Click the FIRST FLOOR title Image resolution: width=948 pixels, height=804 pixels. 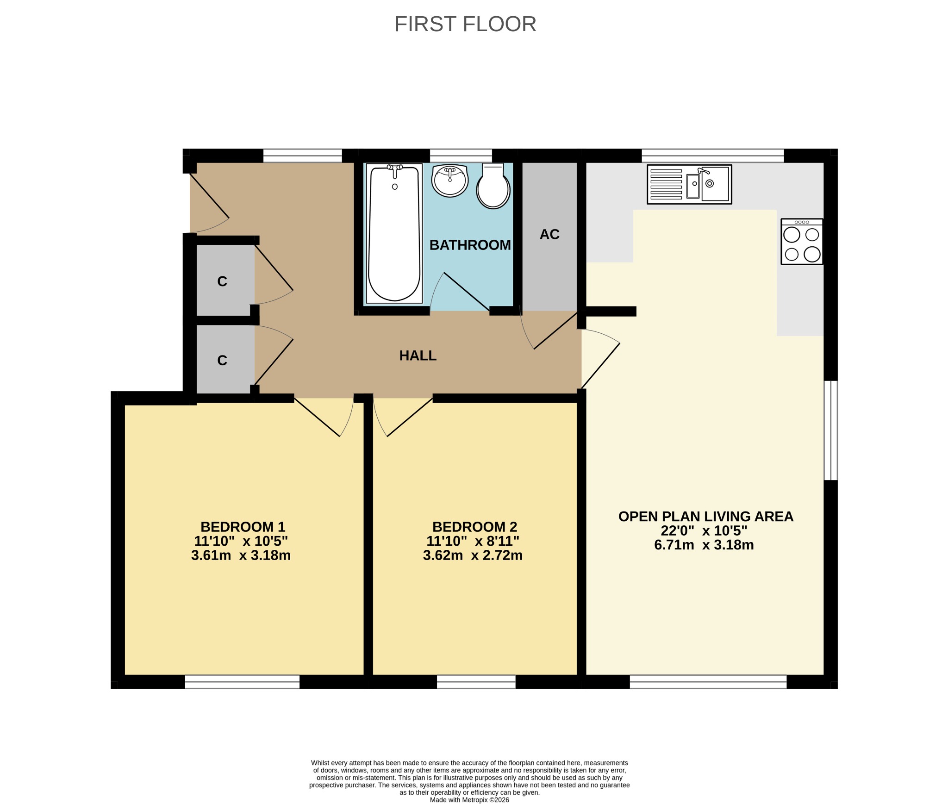465,24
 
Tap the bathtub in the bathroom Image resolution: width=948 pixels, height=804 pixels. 394,233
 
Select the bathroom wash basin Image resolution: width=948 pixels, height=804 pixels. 449,181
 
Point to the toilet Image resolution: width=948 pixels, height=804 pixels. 493,186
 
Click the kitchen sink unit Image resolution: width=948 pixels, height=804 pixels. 689,184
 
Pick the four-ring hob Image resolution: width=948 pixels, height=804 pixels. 802,242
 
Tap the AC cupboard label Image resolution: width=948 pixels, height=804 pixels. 549,234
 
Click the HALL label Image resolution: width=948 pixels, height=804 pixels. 418,355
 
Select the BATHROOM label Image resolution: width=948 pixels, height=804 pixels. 470,245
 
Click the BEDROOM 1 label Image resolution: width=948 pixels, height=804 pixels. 243,527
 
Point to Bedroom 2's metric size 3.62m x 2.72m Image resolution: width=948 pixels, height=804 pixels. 473,555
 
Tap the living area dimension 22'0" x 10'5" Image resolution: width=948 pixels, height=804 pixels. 704,530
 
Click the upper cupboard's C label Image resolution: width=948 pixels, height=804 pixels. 222,281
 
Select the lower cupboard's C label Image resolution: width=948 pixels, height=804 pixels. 222,361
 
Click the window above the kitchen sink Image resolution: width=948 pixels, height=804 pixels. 713,156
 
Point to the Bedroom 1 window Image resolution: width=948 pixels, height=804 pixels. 243,682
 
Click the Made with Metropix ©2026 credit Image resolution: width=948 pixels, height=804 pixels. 469,800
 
